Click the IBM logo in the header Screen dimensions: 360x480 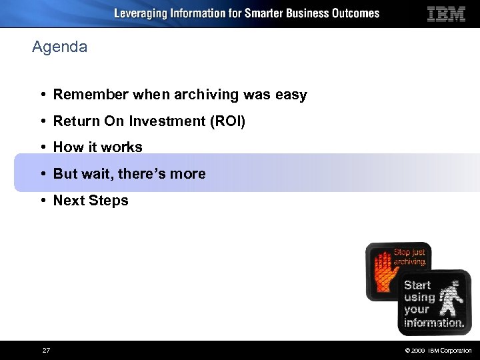[x=446, y=13]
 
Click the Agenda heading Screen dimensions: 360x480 [x=59, y=47]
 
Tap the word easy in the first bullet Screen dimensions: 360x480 [x=291, y=95]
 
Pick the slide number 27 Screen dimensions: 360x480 [x=46, y=350]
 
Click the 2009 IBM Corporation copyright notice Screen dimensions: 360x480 [x=437, y=351]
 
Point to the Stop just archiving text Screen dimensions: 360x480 [x=409, y=257]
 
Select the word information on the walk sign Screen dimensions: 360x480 [x=433, y=323]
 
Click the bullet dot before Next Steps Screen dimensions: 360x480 [x=43, y=201]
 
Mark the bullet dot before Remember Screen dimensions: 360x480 [x=43, y=95]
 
